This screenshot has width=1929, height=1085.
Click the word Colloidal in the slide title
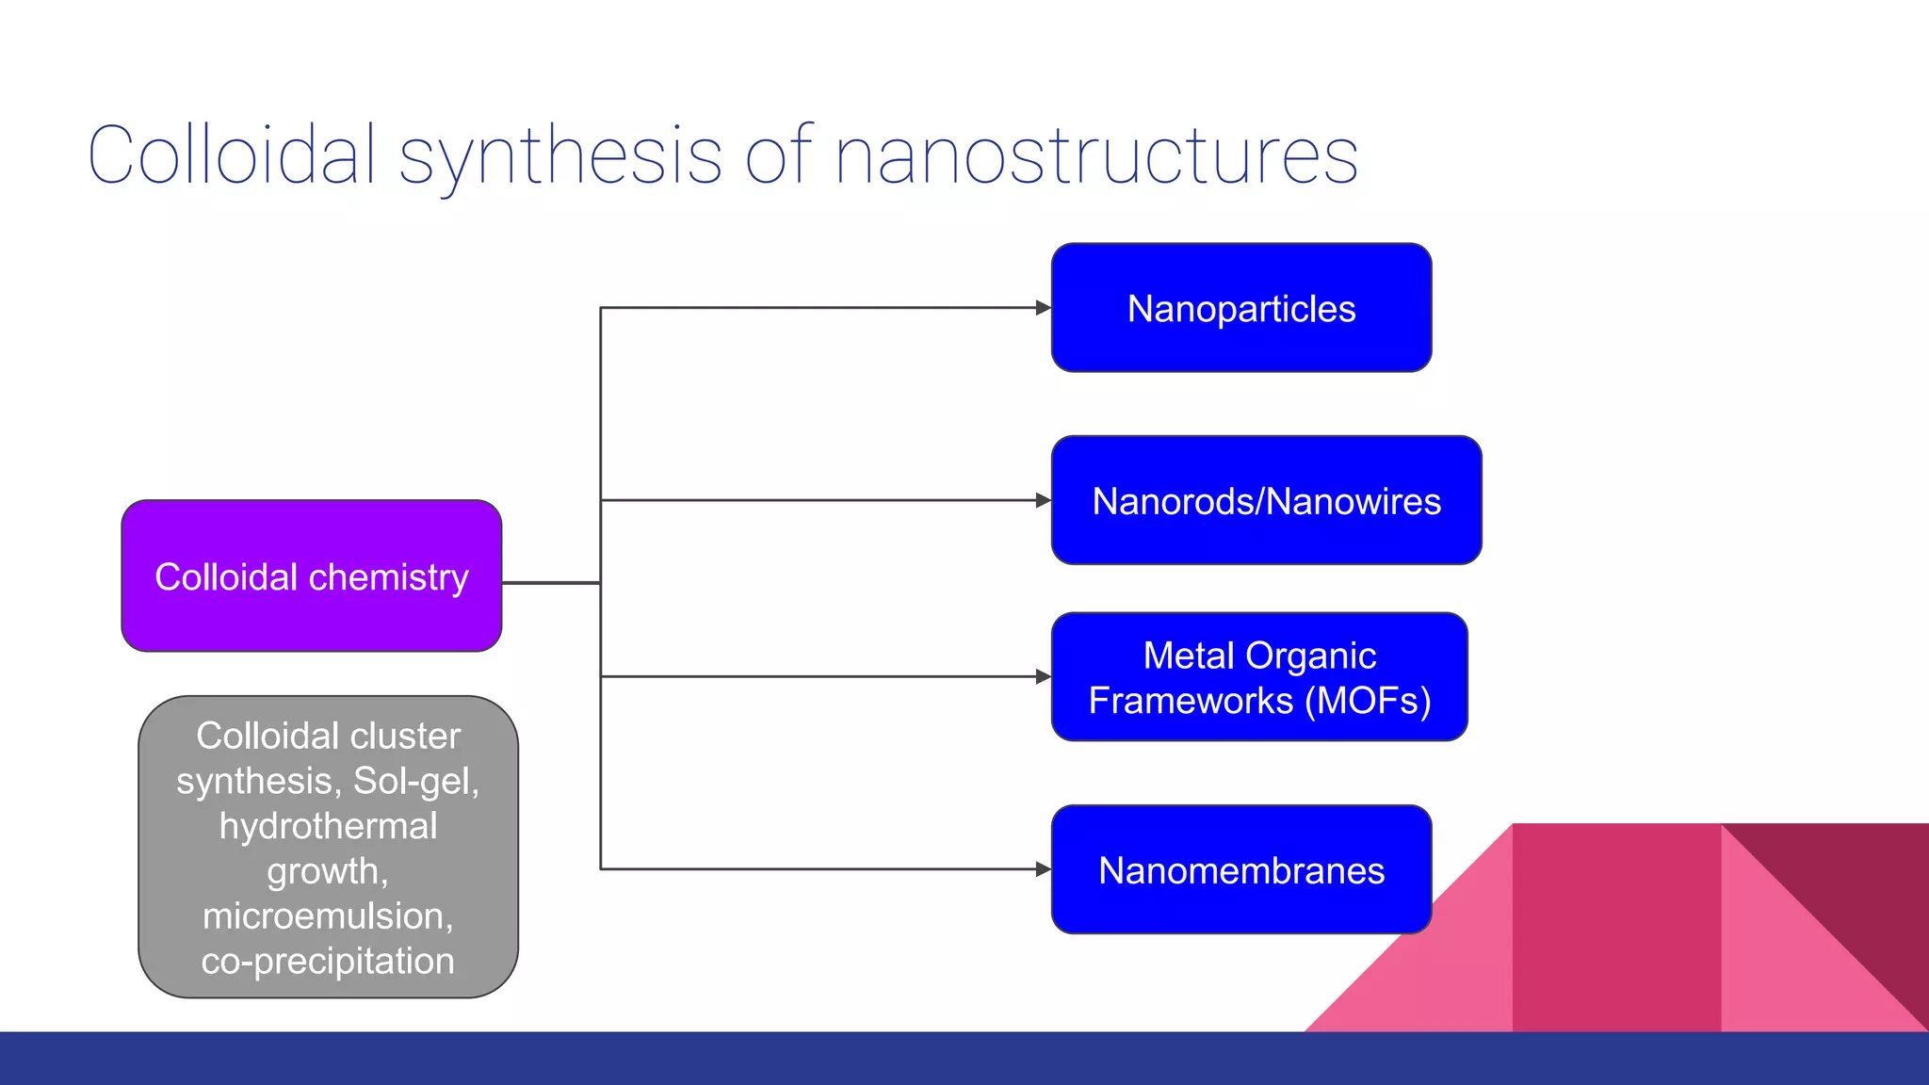click(231, 155)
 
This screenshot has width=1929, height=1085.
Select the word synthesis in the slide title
click(560, 155)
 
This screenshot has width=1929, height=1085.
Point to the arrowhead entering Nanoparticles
click(1043, 308)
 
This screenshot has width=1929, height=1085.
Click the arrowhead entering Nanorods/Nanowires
click(1043, 500)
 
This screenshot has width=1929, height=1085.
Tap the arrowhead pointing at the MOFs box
click(1043, 676)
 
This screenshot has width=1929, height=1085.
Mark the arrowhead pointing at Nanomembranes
click(1043, 869)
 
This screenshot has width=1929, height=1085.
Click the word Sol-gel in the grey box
click(415, 781)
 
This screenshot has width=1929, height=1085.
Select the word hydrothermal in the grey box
click(328, 826)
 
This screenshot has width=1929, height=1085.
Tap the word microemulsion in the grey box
click(326, 915)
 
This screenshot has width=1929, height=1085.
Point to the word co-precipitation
click(328, 961)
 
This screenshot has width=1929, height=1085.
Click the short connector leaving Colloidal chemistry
click(551, 583)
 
